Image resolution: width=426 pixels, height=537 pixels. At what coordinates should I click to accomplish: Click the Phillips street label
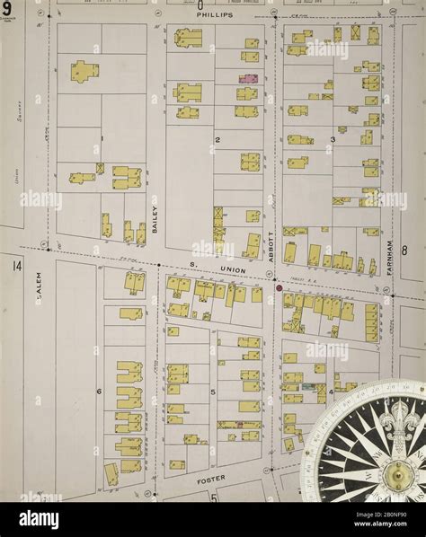pos(216,15)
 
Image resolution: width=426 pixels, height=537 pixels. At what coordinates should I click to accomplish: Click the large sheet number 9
pos(6,9)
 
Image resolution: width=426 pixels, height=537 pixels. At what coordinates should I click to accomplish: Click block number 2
pos(217,140)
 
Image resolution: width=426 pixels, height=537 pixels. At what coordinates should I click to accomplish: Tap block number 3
pos(333,140)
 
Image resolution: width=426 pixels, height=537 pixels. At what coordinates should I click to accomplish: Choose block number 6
pos(99,392)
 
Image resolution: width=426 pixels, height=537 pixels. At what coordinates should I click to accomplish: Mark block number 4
pos(330,392)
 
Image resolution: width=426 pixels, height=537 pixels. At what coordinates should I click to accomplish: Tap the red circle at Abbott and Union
pos(280,288)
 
